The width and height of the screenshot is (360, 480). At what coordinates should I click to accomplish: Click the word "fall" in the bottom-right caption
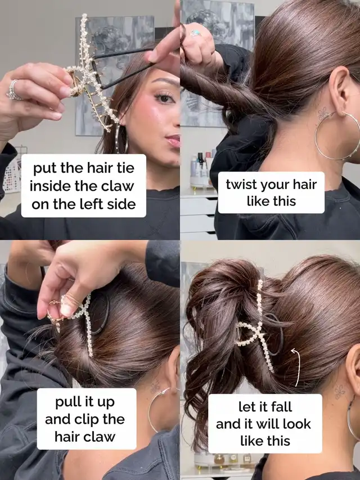coord(281,407)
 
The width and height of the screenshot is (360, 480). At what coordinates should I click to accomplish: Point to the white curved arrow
coord(298,367)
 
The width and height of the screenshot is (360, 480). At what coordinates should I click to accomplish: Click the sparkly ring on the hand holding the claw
coord(13,89)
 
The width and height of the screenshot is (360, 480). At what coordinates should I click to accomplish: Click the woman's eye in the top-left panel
coord(164,98)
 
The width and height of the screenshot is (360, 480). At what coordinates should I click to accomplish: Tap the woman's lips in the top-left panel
coord(173,141)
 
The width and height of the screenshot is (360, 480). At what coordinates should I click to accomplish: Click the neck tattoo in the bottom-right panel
coord(340,392)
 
